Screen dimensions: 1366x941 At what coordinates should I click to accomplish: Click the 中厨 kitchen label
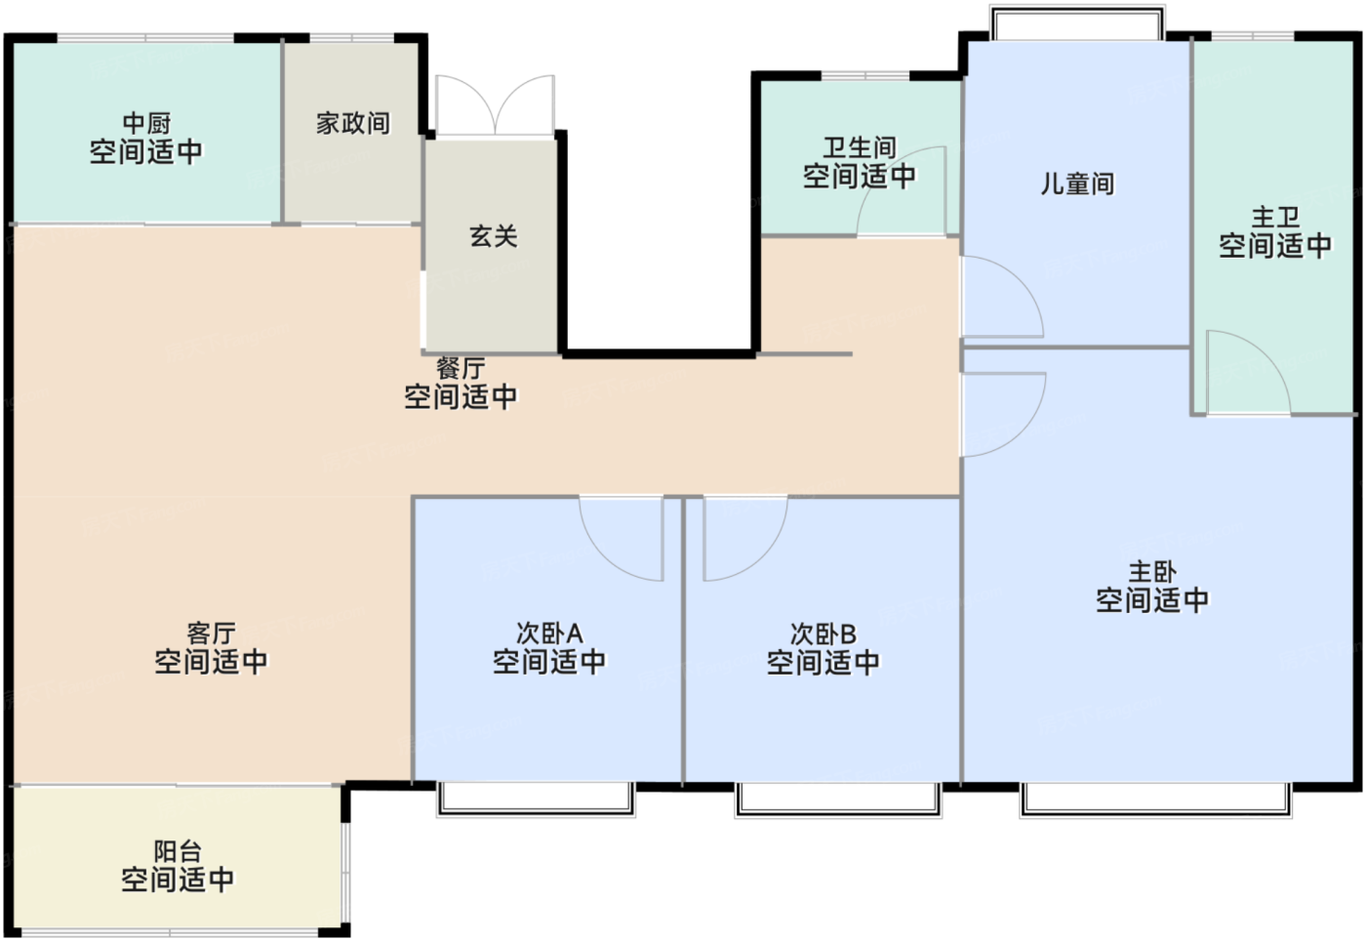click(x=146, y=123)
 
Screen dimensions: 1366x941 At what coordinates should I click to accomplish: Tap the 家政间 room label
click(x=353, y=123)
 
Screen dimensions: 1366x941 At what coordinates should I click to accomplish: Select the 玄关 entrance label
click(x=494, y=236)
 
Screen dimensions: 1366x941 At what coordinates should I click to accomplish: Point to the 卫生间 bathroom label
click(x=860, y=147)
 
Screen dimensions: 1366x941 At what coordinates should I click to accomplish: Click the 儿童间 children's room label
click(x=1077, y=184)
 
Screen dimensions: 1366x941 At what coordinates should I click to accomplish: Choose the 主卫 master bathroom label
click(x=1275, y=218)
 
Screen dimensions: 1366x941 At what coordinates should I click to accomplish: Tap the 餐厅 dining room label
click(x=461, y=368)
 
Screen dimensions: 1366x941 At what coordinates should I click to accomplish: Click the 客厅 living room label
click(x=211, y=634)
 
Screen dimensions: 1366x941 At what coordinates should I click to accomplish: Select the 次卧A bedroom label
click(x=549, y=634)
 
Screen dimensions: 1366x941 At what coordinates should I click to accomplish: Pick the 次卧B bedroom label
click(x=824, y=634)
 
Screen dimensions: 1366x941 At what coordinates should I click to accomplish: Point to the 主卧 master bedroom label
click(x=1152, y=572)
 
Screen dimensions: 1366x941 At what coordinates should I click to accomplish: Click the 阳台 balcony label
click(x=178, y=851)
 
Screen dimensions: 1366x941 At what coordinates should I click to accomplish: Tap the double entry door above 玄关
click(x=496, y=105)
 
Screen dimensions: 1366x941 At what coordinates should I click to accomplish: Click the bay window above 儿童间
click(x=1077, y=22)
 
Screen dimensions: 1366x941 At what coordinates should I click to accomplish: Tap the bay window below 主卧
click(x=1155, y=800)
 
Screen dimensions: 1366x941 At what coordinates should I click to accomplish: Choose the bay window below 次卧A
click(x=536, y=799)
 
